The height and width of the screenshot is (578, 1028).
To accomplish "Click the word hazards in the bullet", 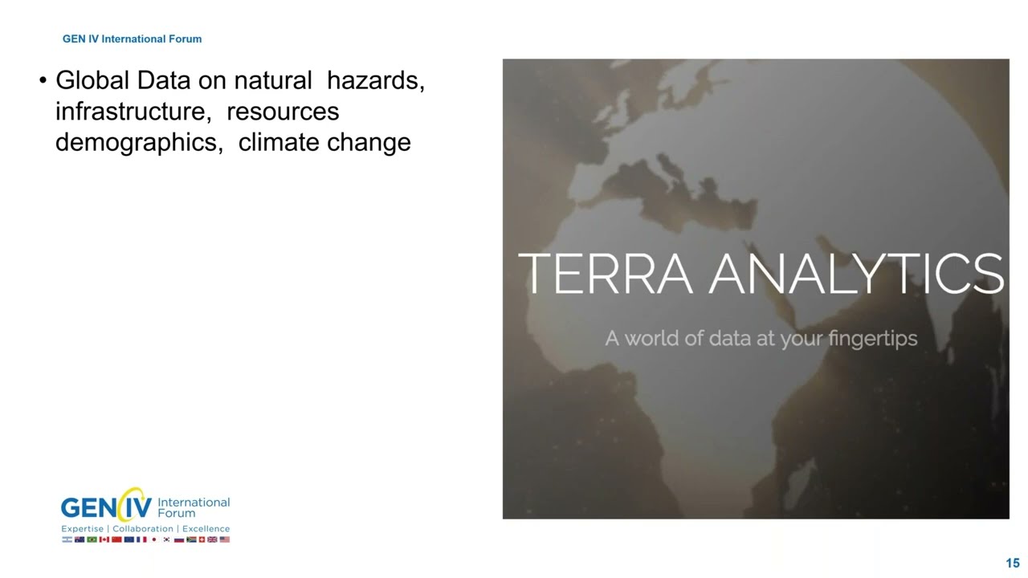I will click(x=375, y=81).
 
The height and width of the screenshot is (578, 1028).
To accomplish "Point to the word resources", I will click(x=283, y=112).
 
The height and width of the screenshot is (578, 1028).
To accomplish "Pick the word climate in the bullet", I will click(x=279, y=142).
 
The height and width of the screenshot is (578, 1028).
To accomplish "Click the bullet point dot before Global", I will click(x=43, y=82).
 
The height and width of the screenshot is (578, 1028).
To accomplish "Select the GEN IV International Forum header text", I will click(x=132, y=39).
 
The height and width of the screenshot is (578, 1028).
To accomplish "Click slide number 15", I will click(x=1012, y=564).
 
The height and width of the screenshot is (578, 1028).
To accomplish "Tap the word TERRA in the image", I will click(x=606, y=274).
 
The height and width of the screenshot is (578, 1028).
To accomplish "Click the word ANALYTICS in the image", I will click(x=855, y=274).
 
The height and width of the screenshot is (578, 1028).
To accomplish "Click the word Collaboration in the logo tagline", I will click(x=143, y=529).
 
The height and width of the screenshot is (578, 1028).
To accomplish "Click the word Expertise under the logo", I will click(x=83, y=529).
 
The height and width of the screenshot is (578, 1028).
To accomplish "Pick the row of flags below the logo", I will click(x=145, y=539).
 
